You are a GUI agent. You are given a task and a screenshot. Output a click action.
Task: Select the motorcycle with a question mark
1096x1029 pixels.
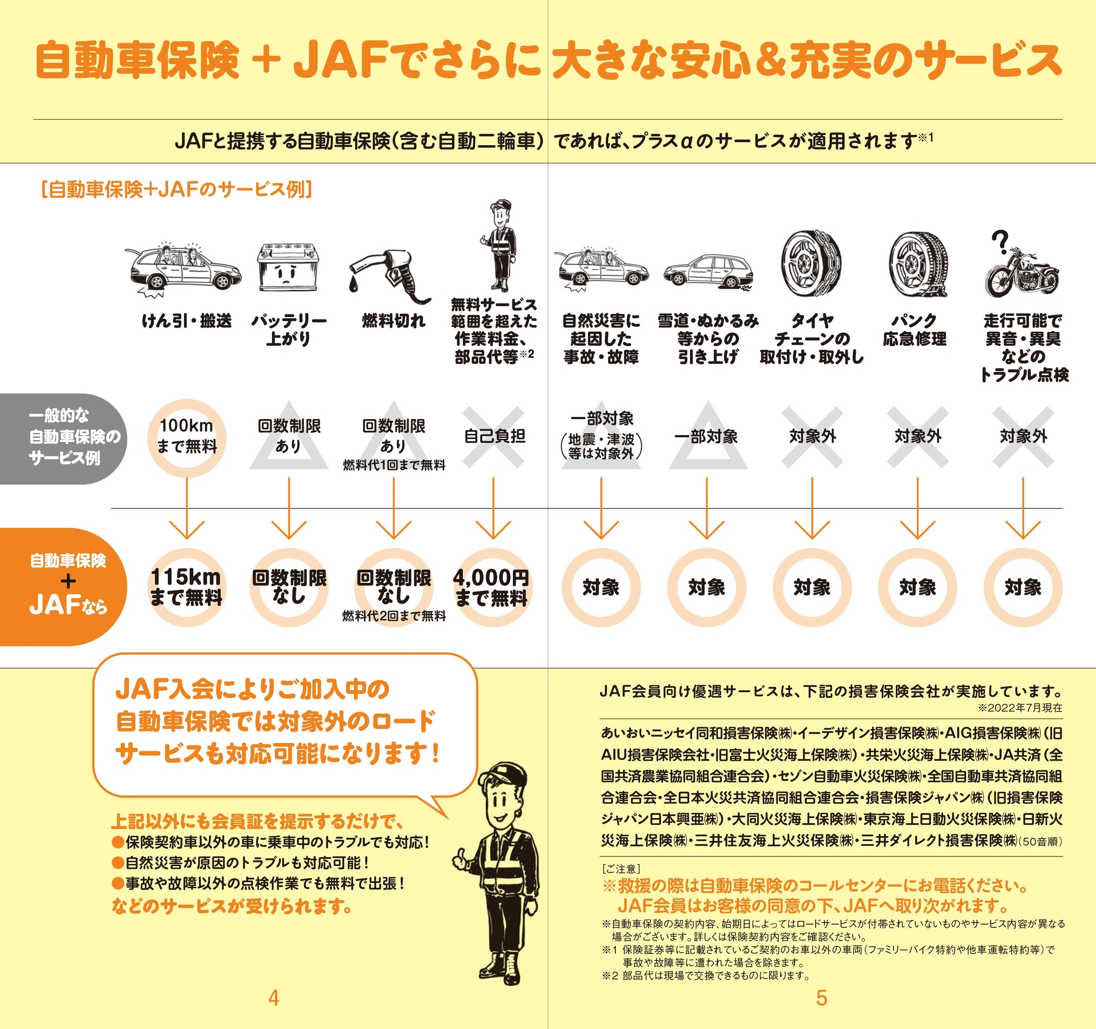[1021, 264]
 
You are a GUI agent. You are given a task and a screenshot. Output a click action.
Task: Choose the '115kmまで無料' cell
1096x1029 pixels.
[187, 587]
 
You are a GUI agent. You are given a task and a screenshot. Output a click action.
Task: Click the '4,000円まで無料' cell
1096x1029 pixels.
[492, 587]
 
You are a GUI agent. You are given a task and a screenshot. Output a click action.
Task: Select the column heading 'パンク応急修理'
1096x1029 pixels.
[915, 330]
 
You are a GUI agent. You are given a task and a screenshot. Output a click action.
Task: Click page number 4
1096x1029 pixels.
[274, 998]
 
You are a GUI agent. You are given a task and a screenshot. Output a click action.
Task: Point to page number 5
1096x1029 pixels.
[822, 998]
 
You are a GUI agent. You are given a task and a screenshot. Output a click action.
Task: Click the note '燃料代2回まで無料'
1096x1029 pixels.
[394, 616]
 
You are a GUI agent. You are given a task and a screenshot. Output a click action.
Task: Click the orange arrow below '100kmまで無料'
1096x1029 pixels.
[187, 508]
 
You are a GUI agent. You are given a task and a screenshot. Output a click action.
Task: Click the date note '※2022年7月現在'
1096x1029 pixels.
[1020, 707]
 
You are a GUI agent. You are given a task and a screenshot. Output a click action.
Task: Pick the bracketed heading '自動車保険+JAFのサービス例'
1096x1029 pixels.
[177, 189]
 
